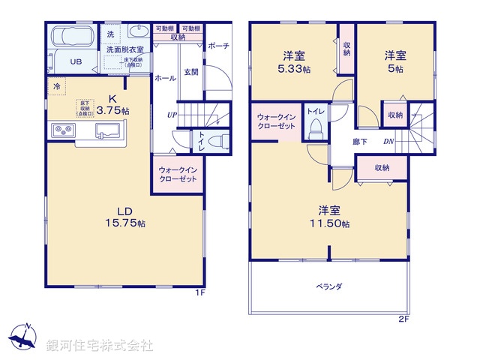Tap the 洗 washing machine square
click(110, 34)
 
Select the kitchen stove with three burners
click(62, 131)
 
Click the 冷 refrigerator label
click(56, 88)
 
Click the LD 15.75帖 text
click(124, 217)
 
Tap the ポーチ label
click(218, 46)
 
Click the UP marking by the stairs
click(172, 115)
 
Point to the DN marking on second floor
click(389, 141)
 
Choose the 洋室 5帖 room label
click(395, 61)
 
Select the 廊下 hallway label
click(359, 141)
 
